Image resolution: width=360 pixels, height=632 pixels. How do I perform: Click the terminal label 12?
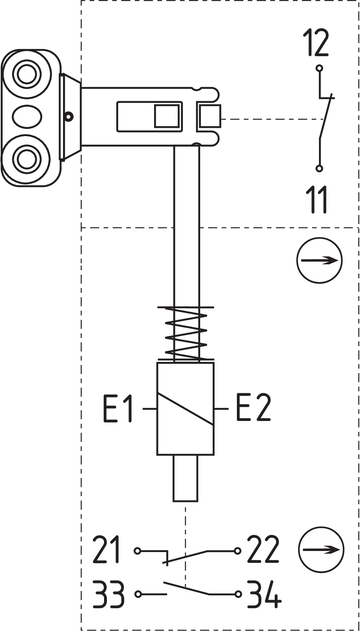[x=316, y=43]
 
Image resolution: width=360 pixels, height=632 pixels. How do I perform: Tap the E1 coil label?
[x=118, y=408]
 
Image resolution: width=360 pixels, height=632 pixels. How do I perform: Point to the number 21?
[x=106, y=550]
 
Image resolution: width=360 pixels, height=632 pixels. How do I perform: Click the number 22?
[x=263, y=550]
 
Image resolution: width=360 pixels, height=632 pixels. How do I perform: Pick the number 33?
[x=108, y=594]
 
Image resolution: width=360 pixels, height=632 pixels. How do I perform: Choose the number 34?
[x=264, y=594]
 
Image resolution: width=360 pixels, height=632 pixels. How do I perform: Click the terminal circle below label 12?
[x=319, y=68]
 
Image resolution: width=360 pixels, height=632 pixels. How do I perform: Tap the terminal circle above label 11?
[x=319, y=168]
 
